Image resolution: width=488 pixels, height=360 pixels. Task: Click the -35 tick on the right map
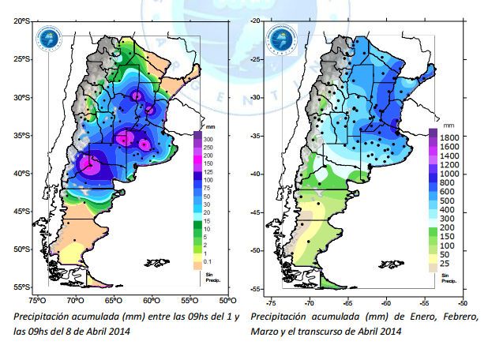[256, 136]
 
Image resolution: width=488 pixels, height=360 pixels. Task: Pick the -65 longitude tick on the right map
[347, 302]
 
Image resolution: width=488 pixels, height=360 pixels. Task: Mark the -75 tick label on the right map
[270, 302]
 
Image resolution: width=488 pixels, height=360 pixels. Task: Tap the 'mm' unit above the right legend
[448, 126]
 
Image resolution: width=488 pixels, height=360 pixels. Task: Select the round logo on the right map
[280, 37]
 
